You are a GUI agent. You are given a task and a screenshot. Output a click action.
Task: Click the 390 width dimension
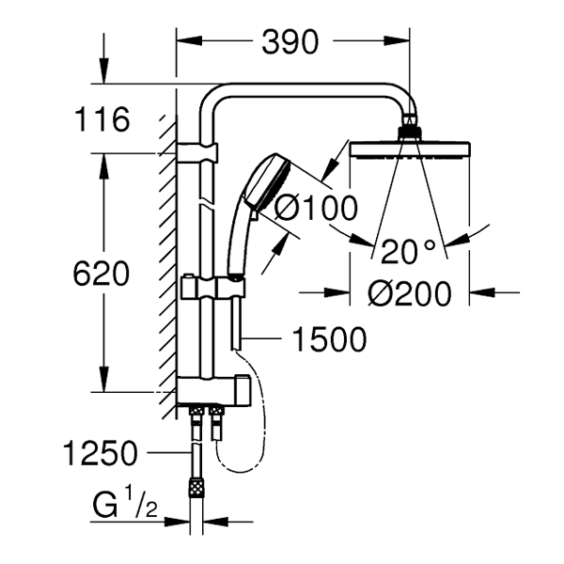click(290, 42)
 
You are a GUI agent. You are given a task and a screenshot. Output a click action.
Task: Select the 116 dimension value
click(102, 119)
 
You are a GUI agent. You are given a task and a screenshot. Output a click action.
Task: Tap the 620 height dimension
click(101, 273)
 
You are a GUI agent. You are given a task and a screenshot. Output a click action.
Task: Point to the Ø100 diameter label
click(316, 209)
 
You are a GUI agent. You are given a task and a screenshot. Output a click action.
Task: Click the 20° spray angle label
click(408, 251)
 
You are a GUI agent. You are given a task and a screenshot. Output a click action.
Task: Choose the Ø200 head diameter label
click(409, 293)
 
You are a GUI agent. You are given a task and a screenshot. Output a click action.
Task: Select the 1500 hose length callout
click(329, 338)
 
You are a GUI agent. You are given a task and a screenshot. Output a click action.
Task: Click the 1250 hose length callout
click(101, 453)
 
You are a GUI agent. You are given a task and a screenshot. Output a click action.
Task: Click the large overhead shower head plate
click(410, 150)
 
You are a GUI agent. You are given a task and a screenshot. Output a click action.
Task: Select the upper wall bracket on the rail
click(197, 152)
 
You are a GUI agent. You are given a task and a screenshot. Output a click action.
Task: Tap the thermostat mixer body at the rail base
click(213, 390)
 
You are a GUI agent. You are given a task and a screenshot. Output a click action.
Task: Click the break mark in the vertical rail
click(206, 202)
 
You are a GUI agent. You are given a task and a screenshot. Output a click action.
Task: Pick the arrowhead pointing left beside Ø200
click(481, 292)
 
